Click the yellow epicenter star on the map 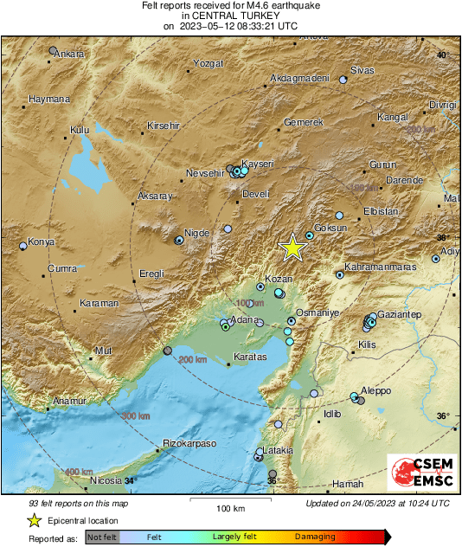tap(293, 248)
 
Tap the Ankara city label tap(69, 55)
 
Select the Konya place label tap(41, 242)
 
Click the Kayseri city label tap(258, 164)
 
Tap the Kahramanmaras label tap(381, 267)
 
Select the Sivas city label tap(362, 70)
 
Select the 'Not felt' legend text tap(103, 537)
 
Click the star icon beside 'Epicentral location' tap(34, 520)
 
